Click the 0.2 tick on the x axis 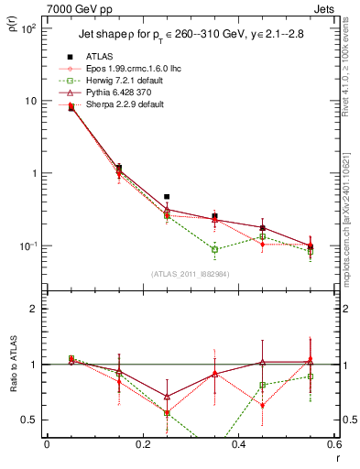click(142, 444)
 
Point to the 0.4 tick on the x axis click(238, 444)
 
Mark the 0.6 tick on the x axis click(333, 444)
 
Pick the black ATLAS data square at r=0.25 click(167, 197)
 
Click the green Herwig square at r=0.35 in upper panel click(214, 249)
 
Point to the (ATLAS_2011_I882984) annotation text click(191, 274)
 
